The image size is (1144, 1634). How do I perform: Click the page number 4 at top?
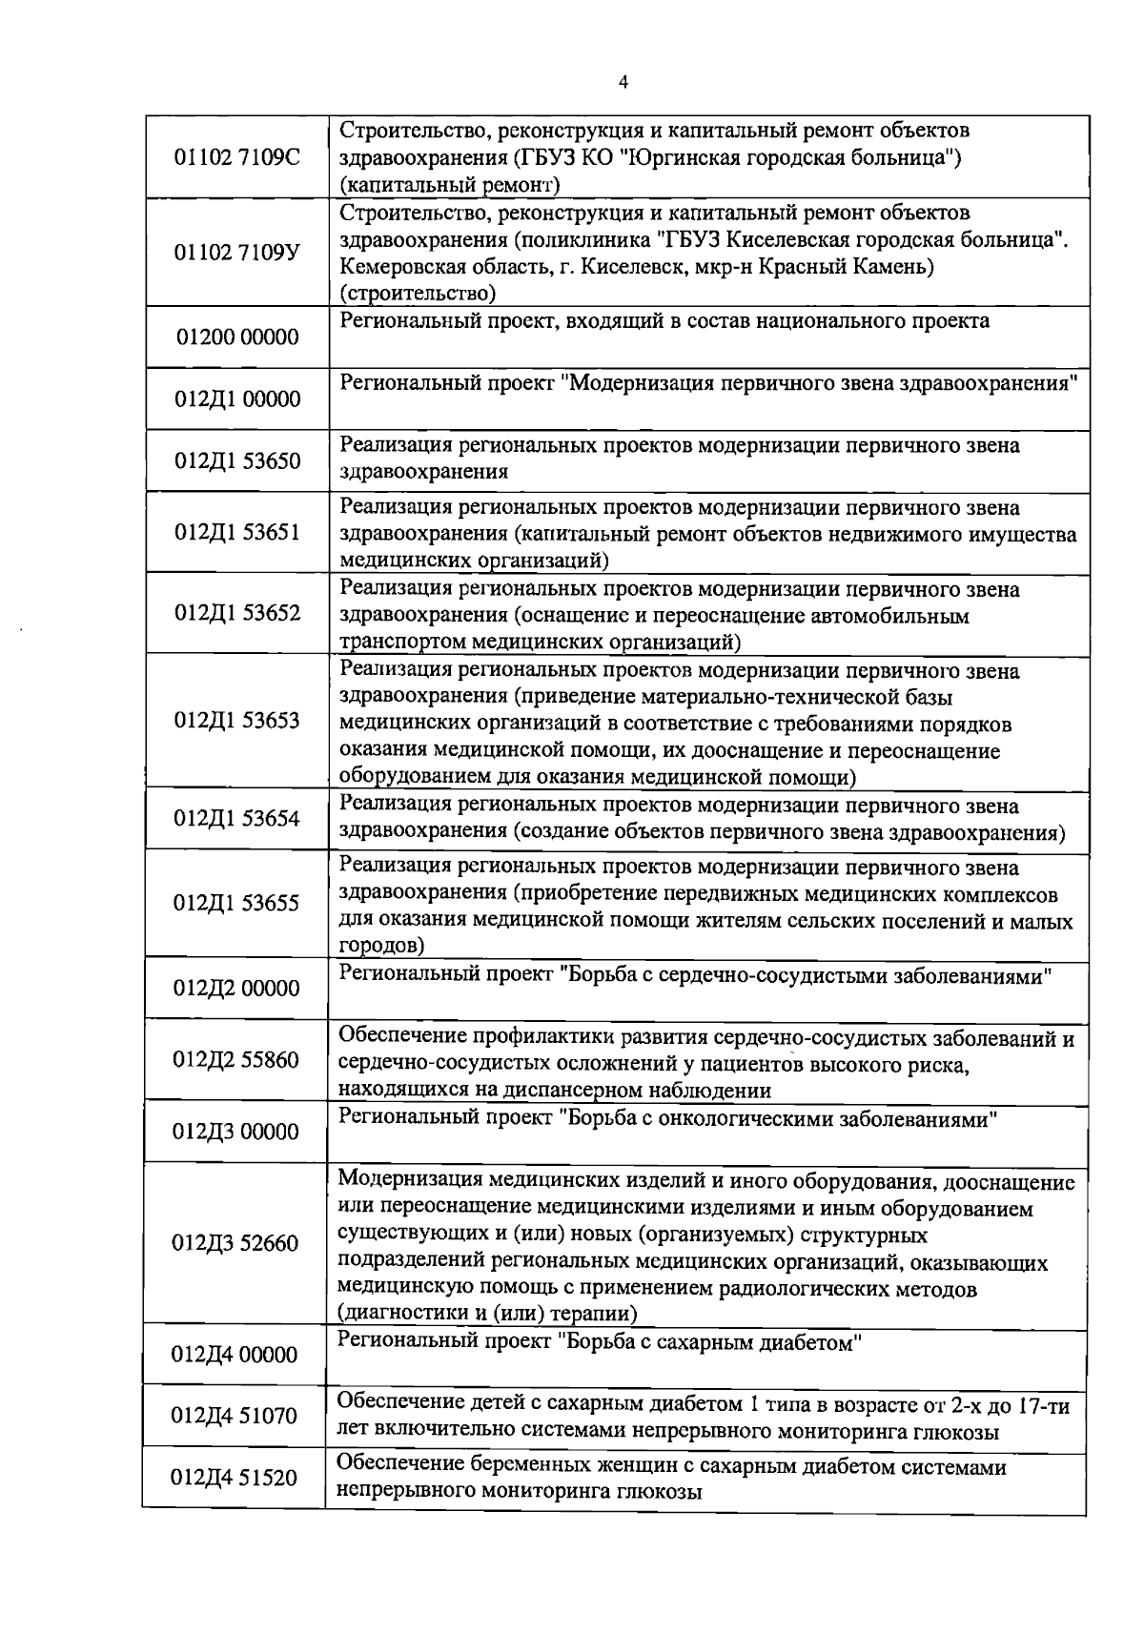click(x=623, y=82)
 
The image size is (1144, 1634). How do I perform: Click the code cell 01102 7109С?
click(x=236, y=157)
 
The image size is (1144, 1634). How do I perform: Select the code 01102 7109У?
click(x=236, y=253)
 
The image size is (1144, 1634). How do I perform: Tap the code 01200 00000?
click(x=237, y=337)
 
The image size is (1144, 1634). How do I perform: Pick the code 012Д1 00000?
click(x=237, y=399)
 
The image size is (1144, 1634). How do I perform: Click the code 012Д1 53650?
click(x=237, y=461)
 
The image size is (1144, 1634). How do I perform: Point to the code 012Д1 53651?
click(x=237, y=532)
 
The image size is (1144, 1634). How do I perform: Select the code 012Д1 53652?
click(x=237, y=613)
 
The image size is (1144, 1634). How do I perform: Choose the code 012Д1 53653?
click(x=237, y=721)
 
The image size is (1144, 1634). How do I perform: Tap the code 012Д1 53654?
click(x=237, y=819)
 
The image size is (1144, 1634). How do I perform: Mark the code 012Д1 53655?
click(x=236, y=903)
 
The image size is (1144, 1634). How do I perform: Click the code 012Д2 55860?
click(x=236, y=1060)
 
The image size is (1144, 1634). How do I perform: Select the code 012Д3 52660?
click(x=235, y=1244)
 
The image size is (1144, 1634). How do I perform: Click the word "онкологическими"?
click(x=743, y=1119)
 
